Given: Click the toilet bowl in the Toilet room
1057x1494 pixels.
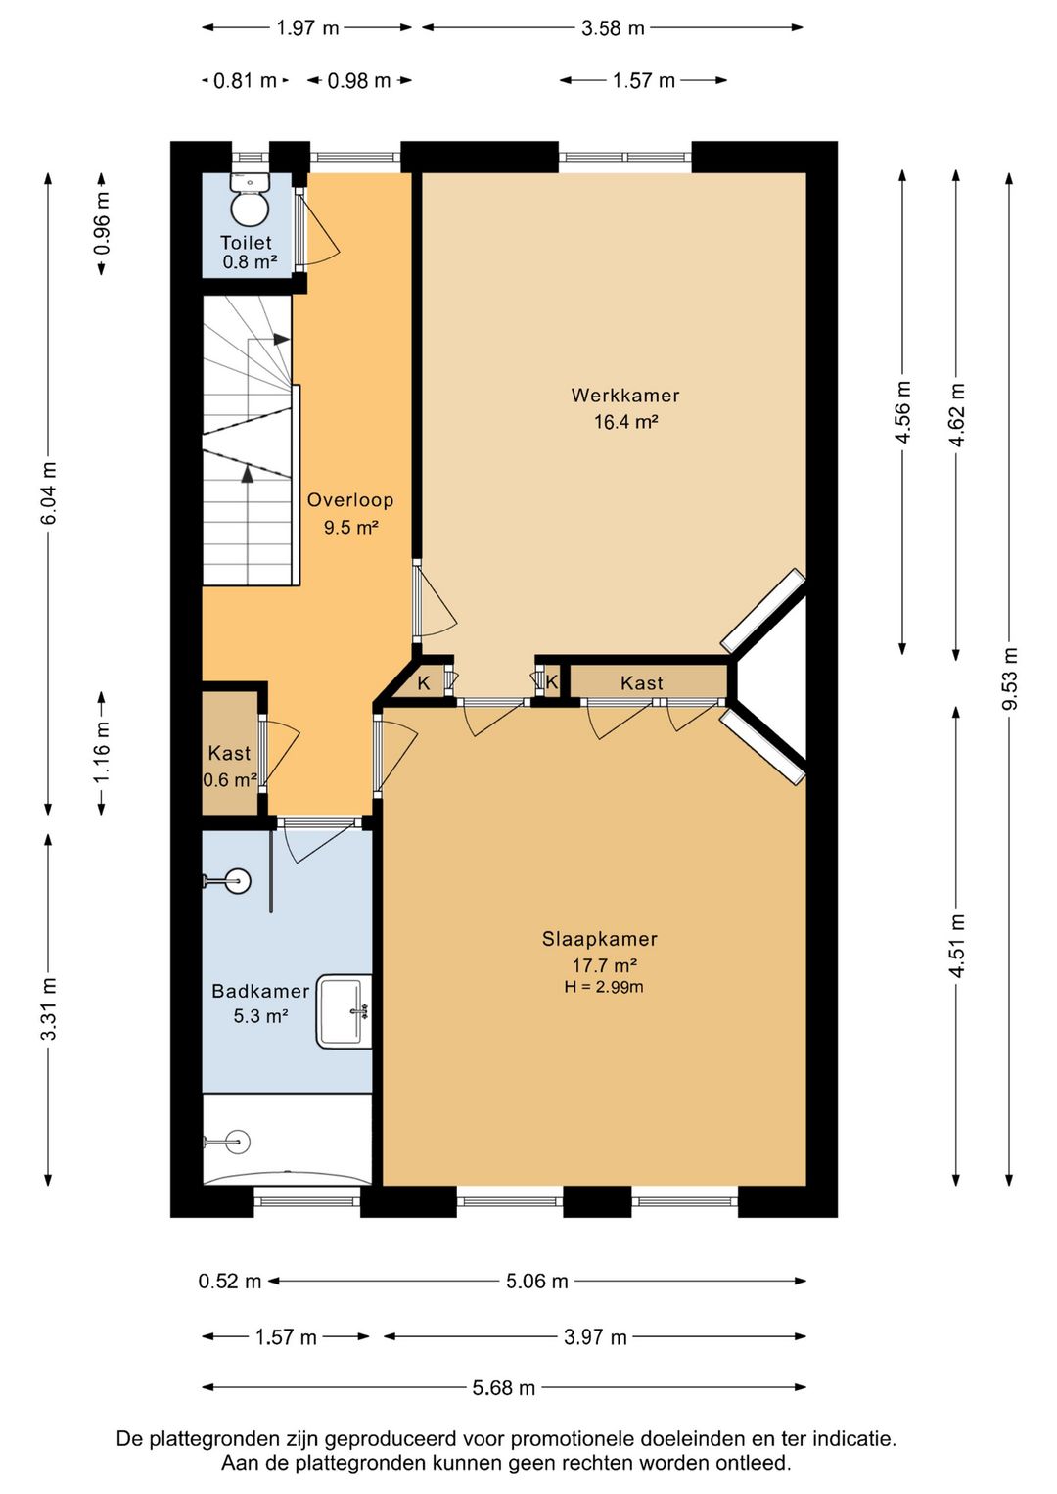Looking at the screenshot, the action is tap(250, 200).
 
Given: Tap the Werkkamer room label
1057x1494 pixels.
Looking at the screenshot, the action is tap(624, 396).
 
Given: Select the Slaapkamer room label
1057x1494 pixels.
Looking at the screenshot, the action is tap(600, 939).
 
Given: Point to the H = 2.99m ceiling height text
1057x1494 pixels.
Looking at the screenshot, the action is tap(604, 987).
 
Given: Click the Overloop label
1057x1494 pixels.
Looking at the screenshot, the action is tap(350, 500).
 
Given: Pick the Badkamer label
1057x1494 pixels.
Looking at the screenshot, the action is tap(260, 991).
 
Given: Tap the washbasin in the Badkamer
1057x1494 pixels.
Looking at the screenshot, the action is tap(344, 1011).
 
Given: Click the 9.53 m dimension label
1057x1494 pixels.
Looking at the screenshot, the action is tap(1009, 678).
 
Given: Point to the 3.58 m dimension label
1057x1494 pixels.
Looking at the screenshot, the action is tap(613, 28).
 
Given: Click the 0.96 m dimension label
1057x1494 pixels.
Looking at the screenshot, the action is tap(102, 223).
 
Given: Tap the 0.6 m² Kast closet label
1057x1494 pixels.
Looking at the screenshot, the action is tap(230, 779).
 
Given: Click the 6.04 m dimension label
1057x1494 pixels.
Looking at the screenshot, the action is tap(48, 492).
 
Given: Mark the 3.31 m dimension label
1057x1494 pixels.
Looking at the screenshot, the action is tap(48, 1008).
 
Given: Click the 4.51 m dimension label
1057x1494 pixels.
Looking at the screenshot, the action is tap(956, 947).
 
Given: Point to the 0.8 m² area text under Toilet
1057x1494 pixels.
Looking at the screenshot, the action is tap(250, 261).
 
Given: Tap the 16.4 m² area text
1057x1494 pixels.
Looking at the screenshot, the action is tap(626, 422).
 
